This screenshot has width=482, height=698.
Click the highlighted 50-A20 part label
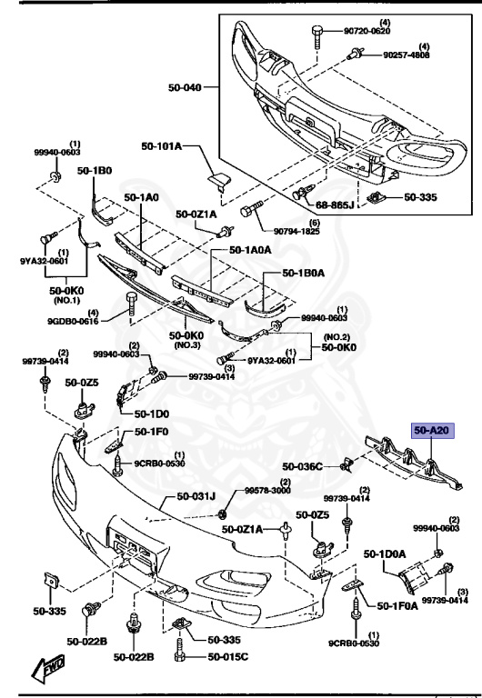click(433, 432)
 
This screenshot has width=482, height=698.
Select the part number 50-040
click(185, 88)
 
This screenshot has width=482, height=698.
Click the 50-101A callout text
click(162, 146)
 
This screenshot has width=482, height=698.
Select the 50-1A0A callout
click(251, 249)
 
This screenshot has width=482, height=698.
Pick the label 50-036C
click(302, 466)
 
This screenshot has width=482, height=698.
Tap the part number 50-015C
click(227, 657)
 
